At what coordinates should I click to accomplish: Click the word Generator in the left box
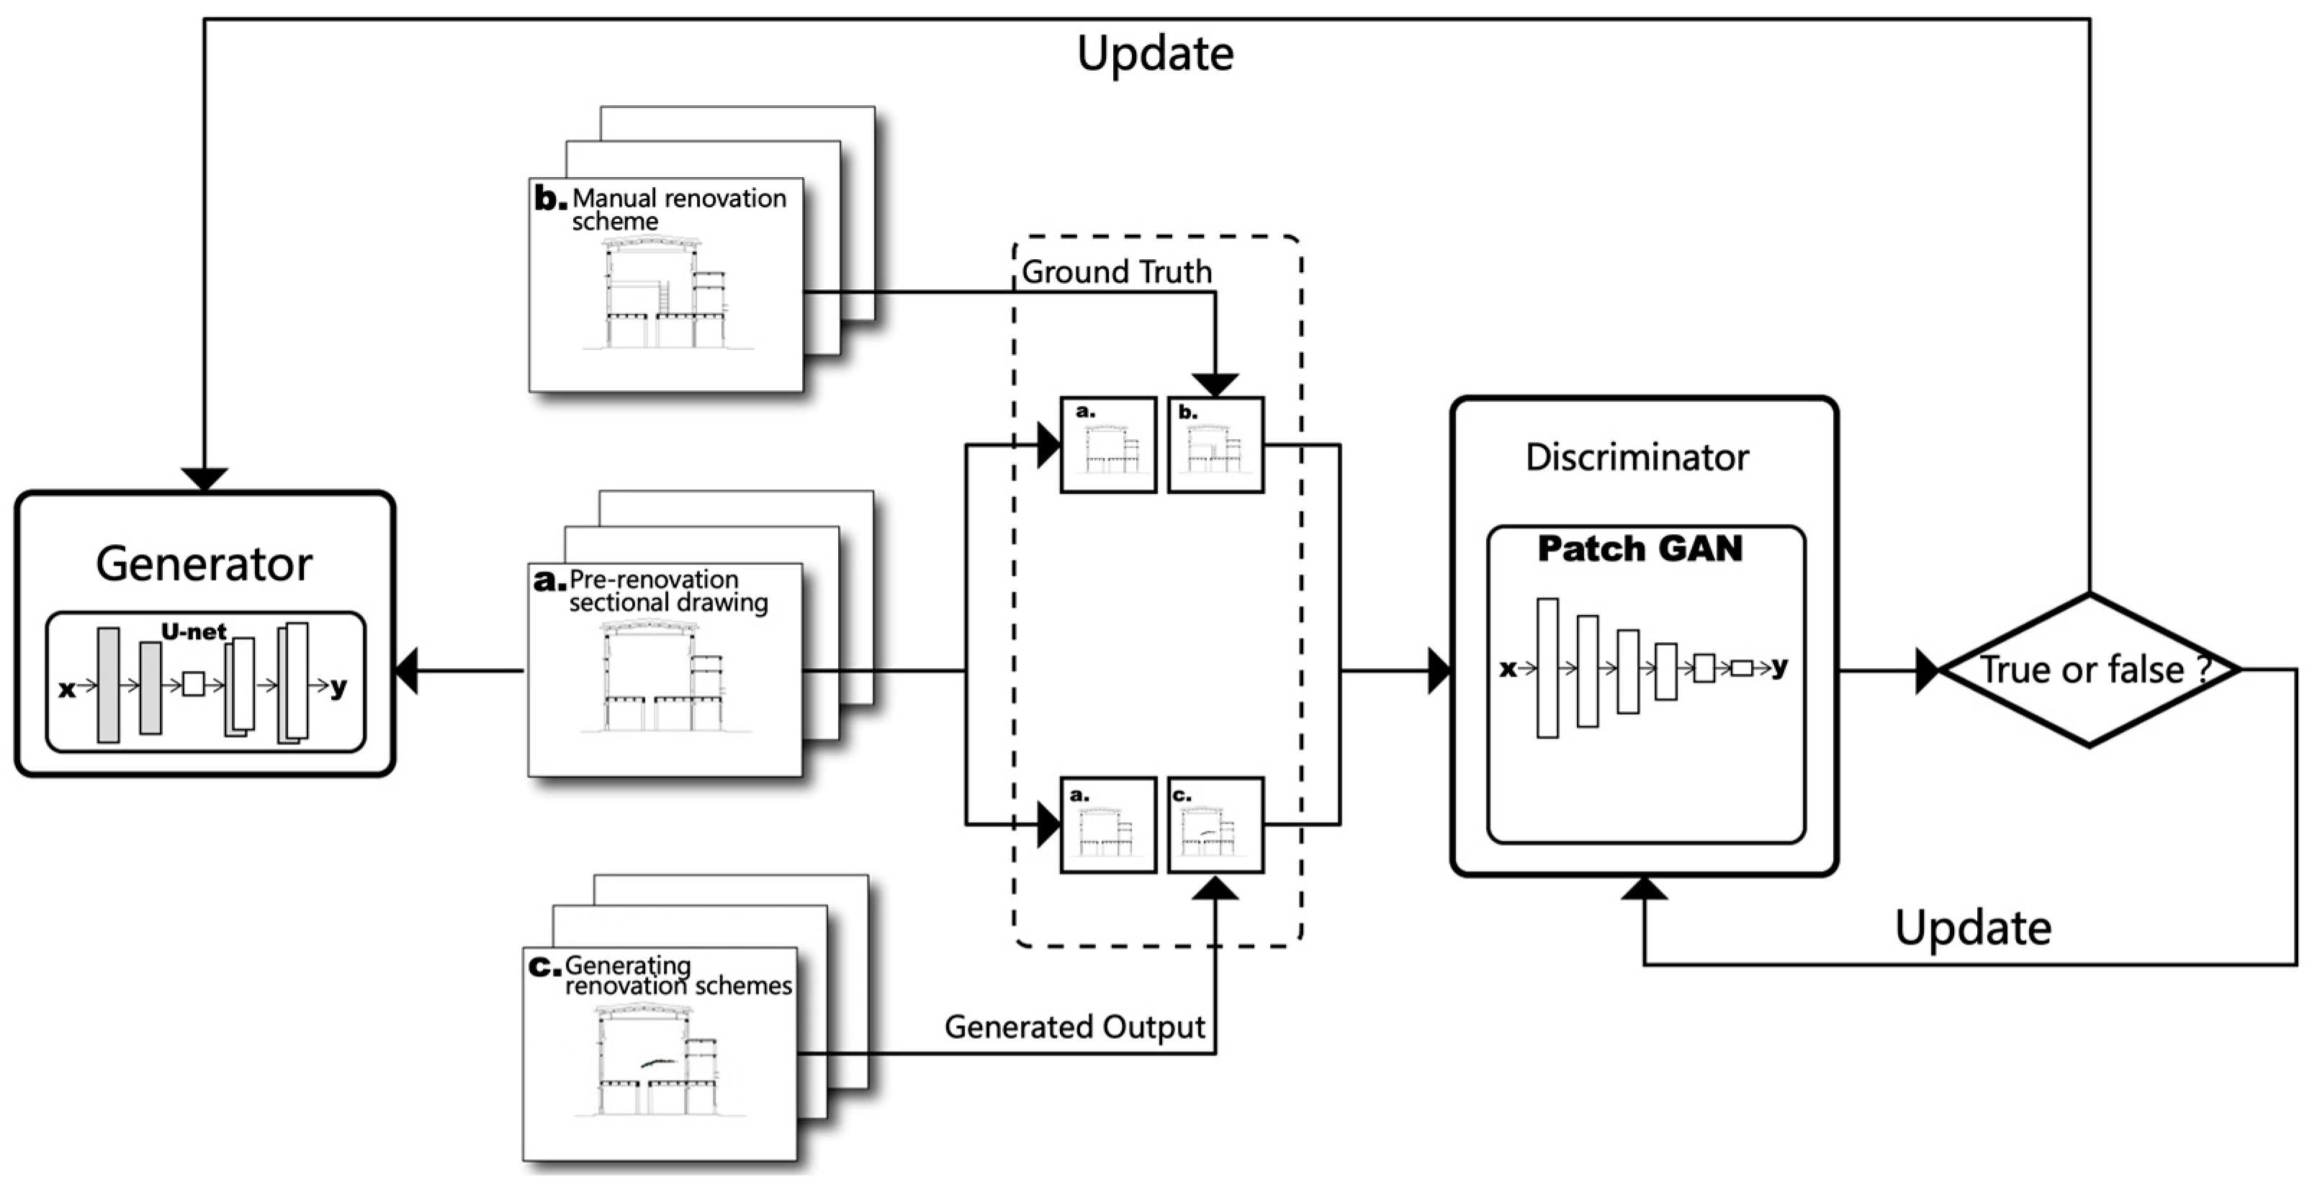(x=204, y=564)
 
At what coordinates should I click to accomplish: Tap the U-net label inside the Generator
(x=193, y=632)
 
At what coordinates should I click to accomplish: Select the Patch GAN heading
(x=1639, y=549)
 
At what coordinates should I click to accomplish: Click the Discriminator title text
(x=1637, y=458)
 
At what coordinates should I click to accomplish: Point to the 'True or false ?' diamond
(x=2090, y=670)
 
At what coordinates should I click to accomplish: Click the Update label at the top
(x=1155, y=54)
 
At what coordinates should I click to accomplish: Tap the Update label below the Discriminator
(x=1973, y=928)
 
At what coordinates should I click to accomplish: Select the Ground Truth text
(x=1117, y=272)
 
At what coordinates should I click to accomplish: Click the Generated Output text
(x=1074, y=1027)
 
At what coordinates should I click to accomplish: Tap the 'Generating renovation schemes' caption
(x=677, y=976)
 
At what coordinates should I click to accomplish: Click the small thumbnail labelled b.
(x=1215, y=445)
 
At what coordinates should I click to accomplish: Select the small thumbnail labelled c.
(x=1215, y=826)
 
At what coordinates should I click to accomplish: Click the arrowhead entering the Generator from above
(x=204, y=479)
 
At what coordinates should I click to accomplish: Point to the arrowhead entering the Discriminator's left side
(x=1439, y=670)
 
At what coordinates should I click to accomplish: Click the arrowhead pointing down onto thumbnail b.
(x=1215, y=385)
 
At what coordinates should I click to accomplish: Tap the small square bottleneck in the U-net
(x=193, y=685)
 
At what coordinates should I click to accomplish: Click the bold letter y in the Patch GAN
(x=1779, y=666)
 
